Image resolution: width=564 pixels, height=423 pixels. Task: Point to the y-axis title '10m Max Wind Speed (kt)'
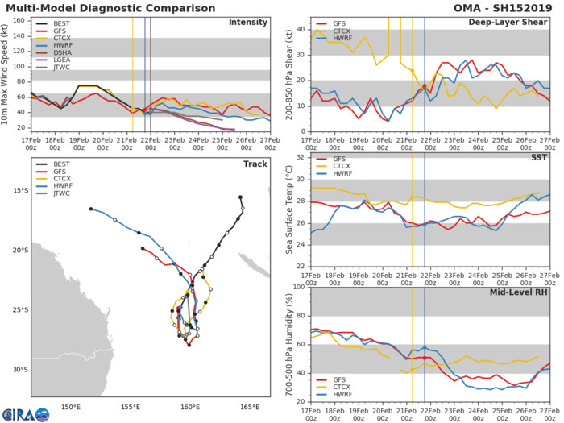pyautogui.click(x=7, y=73)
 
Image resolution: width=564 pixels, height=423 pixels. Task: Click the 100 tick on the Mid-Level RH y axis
pyautogui.click(x=299, y=287)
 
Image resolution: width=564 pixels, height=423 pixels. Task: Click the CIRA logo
pyautogui.click(x=25, y=414)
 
